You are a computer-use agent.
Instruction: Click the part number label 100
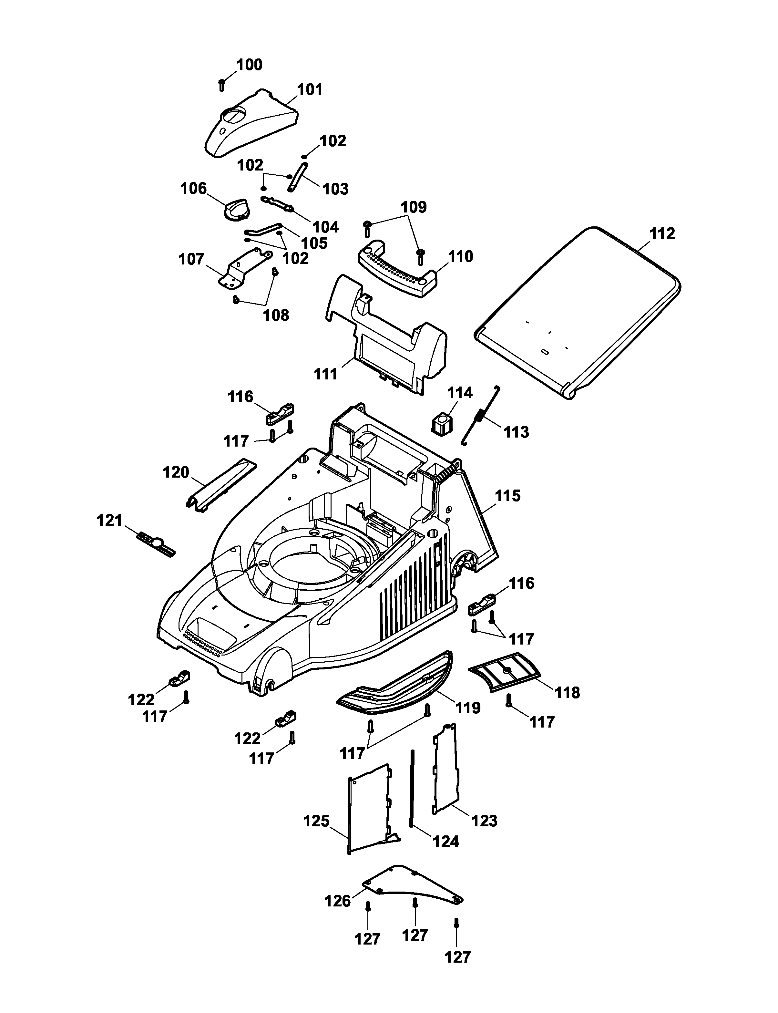coord(249,65)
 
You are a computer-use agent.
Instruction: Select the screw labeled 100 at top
coord(221,85)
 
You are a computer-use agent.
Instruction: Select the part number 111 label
coord(326,374)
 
